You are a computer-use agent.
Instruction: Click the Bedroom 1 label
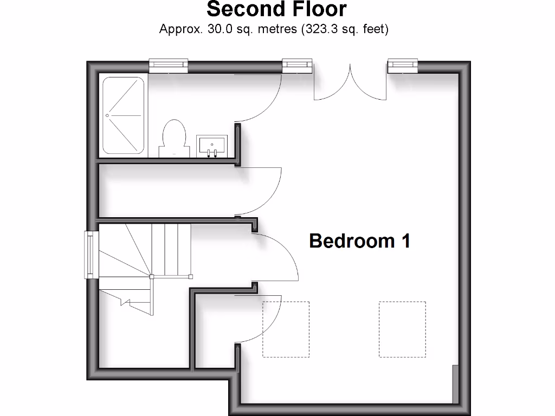[359, 240]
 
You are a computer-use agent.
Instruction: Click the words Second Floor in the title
[276, 9]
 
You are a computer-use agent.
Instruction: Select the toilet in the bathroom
[174, 138]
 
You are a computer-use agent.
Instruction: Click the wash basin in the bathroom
[211, 146]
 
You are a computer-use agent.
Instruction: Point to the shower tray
[124, 115]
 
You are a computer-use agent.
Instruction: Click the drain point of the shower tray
[107, 115]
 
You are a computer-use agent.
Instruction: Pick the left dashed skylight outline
[286, 329]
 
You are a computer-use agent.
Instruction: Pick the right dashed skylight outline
[402, 329]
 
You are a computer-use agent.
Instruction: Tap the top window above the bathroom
[169, 66]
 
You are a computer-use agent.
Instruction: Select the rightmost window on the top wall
[403, 66]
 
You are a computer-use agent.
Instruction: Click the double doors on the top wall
[351, 81]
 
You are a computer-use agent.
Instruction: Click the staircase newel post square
[152, 277]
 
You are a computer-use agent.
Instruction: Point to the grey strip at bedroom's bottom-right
[455, 384]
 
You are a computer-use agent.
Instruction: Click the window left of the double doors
[298, 66]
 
